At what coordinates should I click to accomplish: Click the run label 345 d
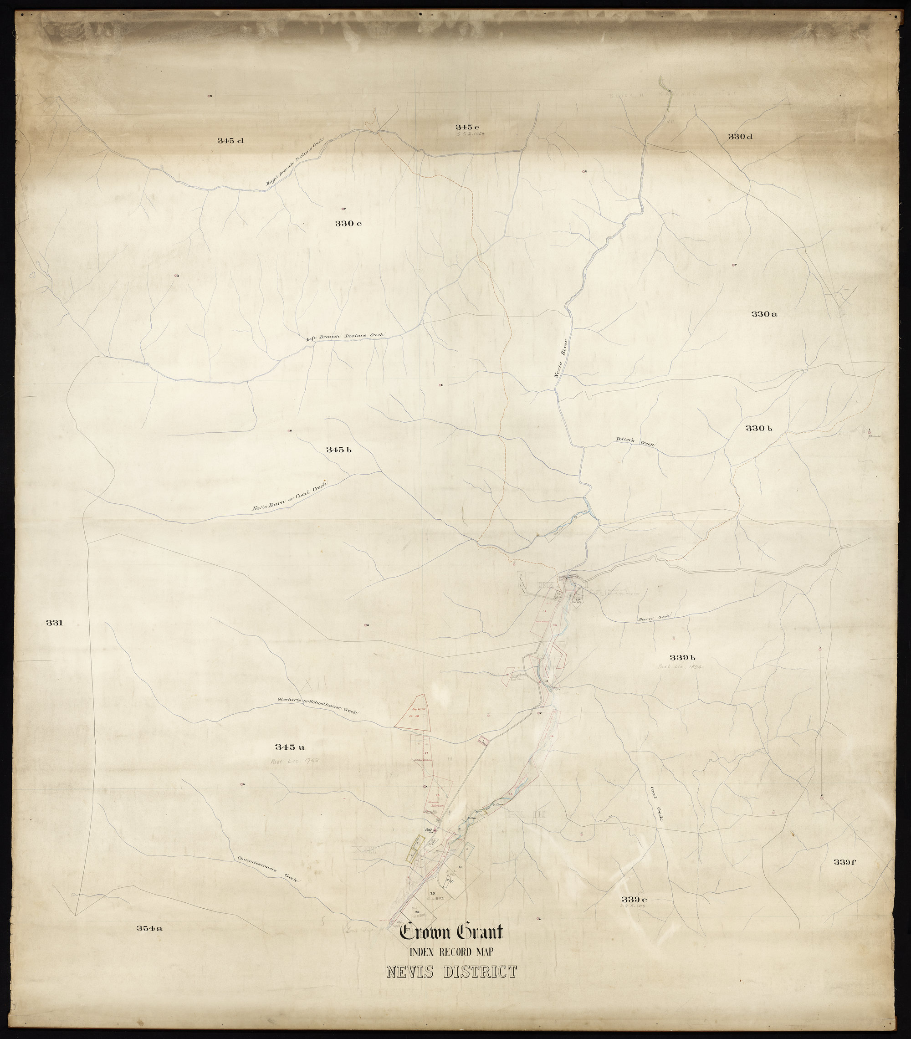(231, 141)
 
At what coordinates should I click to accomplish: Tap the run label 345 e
(467, 127)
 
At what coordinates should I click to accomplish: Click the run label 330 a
(764, 314)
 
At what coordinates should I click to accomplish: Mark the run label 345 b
(340, 449)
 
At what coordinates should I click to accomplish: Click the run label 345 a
(289, 747)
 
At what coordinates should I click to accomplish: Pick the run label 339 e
(633, 899)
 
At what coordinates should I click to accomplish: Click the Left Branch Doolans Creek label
(345, 337)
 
